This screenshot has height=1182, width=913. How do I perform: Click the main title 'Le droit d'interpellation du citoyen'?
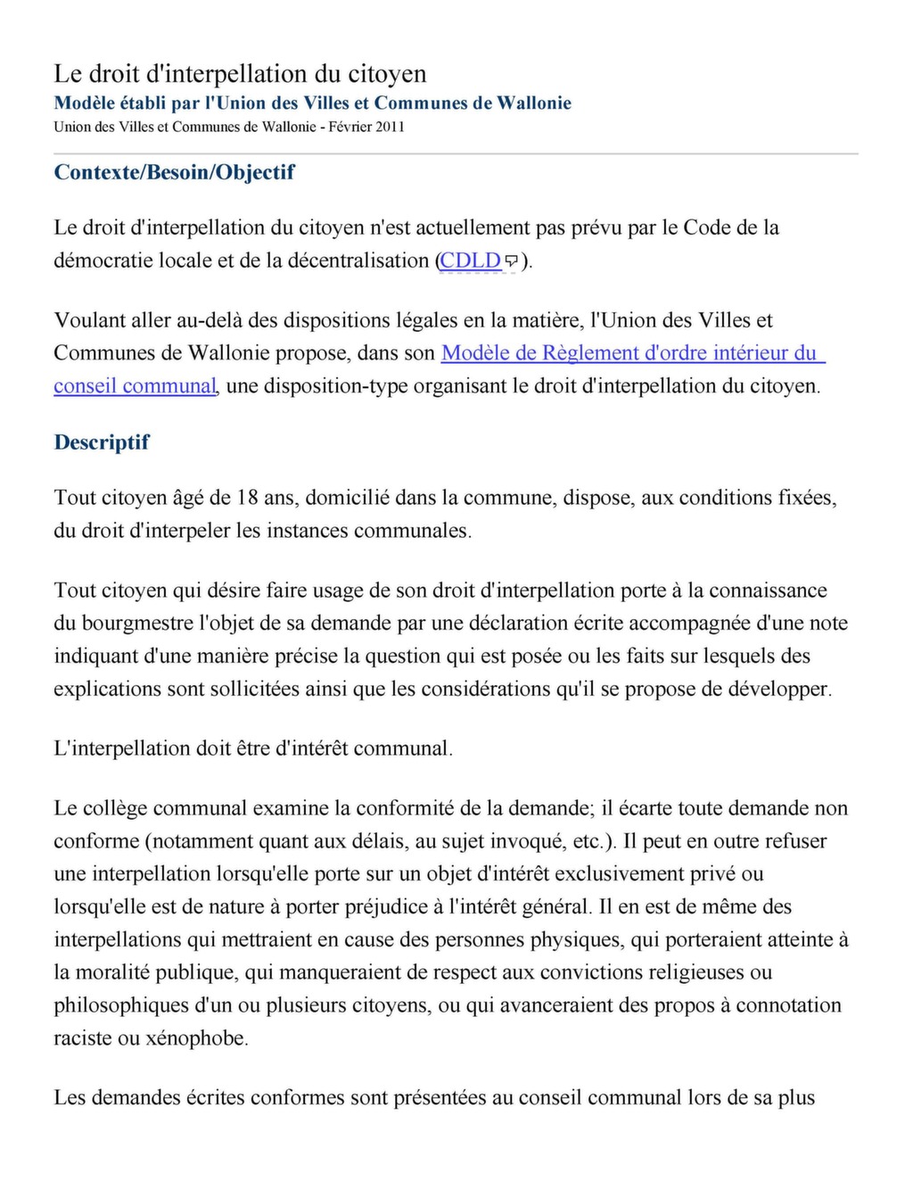[x=240, y=73]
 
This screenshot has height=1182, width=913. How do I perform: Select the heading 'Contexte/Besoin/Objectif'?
[x=174, y=172]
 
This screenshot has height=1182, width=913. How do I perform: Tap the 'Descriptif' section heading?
[x=102, y=442]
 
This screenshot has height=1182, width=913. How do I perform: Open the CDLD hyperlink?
[x=470, y=260]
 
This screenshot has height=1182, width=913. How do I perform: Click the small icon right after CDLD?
[x=512, y=261]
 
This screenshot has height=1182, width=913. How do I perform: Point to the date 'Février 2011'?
[x=366, y=127]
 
